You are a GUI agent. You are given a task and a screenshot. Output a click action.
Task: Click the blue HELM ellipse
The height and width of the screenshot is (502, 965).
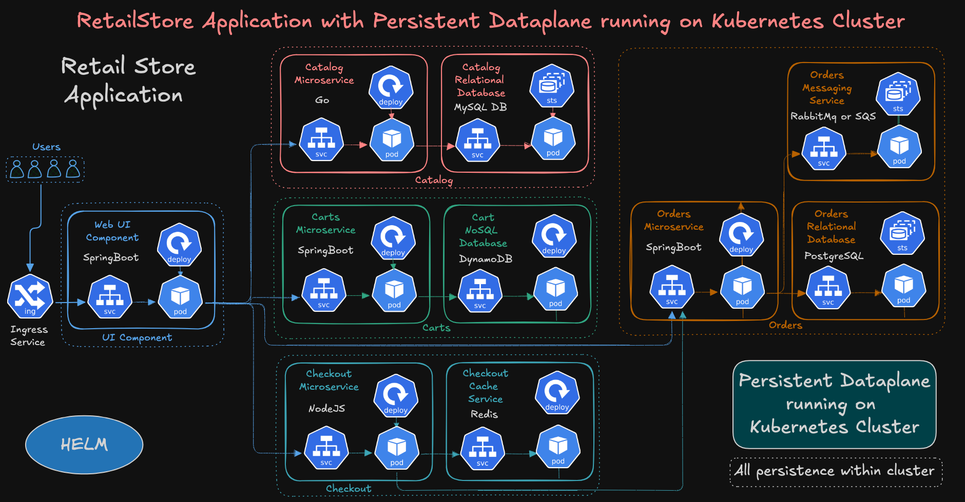(84, 444)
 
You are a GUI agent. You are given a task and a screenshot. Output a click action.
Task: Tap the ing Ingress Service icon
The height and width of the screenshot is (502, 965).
(30, 296)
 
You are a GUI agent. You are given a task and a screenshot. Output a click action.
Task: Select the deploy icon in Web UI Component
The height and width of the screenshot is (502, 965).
(179, 245)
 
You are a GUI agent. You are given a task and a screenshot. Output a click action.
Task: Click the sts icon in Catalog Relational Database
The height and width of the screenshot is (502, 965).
(552, 86)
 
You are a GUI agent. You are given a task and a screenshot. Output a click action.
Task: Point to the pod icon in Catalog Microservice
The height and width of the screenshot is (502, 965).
(392, 140)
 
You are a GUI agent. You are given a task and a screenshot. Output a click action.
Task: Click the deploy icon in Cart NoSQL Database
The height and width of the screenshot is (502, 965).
(554, 237)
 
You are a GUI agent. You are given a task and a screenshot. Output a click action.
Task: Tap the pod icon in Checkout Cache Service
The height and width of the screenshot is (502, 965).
(558, 447)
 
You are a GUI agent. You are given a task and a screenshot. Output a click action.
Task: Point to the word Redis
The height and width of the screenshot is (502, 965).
(484, 414)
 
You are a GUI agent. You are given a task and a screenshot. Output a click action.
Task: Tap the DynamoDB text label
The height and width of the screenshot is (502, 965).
(486, 259)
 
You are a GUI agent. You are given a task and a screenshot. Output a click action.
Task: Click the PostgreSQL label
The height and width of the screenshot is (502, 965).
(834, 256)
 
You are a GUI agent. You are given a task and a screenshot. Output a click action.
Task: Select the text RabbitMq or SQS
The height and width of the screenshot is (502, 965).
(833, 116)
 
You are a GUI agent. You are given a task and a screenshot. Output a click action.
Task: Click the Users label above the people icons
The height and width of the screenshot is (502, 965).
(46, 147)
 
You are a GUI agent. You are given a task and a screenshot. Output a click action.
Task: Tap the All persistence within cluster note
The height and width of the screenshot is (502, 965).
(836, 471)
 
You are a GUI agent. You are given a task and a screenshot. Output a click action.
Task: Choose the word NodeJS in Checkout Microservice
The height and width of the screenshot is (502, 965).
(326, 409)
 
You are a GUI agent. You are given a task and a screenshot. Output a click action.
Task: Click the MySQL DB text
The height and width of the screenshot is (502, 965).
(480, 107)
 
